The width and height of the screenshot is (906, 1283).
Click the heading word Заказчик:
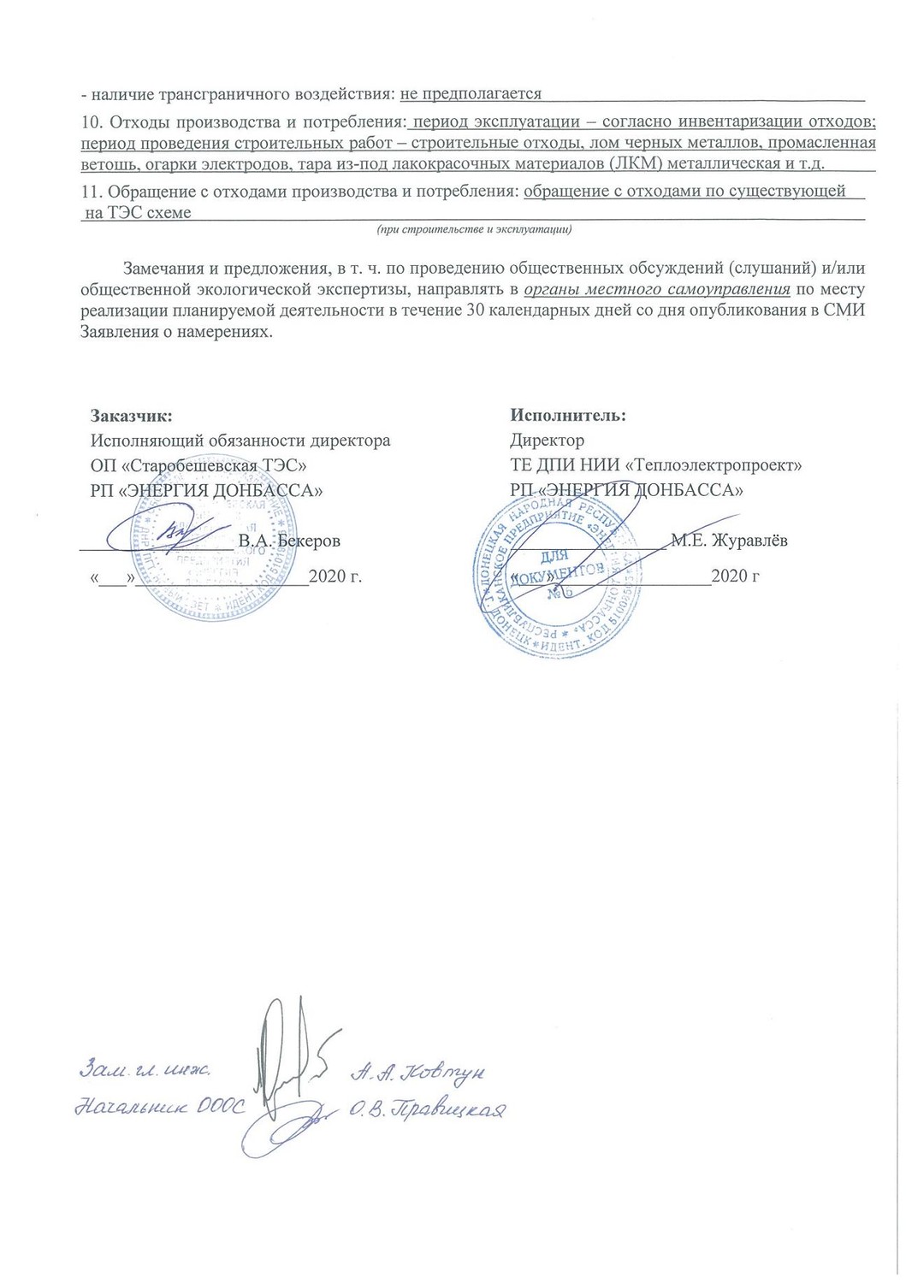click(x=132, y=416)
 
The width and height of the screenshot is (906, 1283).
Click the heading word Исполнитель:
click(x=568, y=416)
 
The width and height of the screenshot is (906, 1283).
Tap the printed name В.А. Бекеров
click(x=289, y=541)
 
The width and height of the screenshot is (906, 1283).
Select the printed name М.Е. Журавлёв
click(x=730, y=541)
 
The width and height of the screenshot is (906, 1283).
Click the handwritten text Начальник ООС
click(x=159, y=1107)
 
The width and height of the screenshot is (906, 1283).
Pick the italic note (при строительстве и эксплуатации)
click(x=475, y=229)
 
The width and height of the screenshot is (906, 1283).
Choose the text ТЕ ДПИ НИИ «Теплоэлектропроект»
click(x=655, y=465)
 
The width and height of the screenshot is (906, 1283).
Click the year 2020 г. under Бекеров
click(x=335, y=576)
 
